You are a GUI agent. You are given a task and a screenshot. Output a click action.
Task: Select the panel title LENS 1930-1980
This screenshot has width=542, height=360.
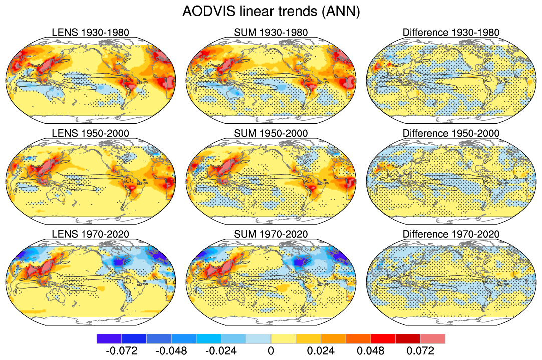(x=91, y=33)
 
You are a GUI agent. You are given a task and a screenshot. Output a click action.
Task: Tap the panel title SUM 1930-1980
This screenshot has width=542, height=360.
(x=271, y=33)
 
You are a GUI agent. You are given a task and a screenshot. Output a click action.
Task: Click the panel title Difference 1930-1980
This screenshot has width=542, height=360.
(x=451, y=33)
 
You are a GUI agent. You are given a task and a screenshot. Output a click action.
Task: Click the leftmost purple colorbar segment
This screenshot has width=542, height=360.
(x=109, y=339)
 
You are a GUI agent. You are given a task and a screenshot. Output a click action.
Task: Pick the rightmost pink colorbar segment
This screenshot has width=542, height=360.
(x=432, y=339)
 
